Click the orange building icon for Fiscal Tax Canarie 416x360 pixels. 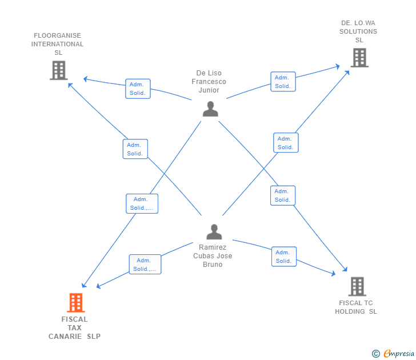click(x=76, y=302)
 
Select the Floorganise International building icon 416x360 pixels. click(x=59, y=70)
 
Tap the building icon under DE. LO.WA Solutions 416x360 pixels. click(x=359, y=58)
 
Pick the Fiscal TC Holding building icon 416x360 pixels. click(x=357, y=286)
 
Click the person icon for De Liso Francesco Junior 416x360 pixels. click(x=210, y=109)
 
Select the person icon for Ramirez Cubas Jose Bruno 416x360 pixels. click(x=214, y=232)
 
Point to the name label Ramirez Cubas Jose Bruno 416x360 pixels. click(x=213, y=256)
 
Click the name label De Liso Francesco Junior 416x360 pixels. click(x=209, y=82)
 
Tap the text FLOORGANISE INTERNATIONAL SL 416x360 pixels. click(x=58, y=44)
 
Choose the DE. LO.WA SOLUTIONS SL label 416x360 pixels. click(x=358, y=31)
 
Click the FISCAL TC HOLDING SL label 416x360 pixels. click(x=356, y=307)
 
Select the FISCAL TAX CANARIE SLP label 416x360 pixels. click(x=74, y=327)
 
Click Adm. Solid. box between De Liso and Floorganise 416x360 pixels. click(x=138, y=89)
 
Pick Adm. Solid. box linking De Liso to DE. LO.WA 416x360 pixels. click(x=283, y=82)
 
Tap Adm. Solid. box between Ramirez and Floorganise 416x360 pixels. click(x=135, y=149)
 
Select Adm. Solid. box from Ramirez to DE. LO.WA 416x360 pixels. click(x=286, y=142)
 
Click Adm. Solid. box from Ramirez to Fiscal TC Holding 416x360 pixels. click(x=284, y=257)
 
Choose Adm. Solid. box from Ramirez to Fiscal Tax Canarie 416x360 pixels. click(x=145, y=264)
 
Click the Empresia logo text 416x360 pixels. click(x=399, y=353)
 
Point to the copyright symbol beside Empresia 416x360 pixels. click(x=376, y=354)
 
